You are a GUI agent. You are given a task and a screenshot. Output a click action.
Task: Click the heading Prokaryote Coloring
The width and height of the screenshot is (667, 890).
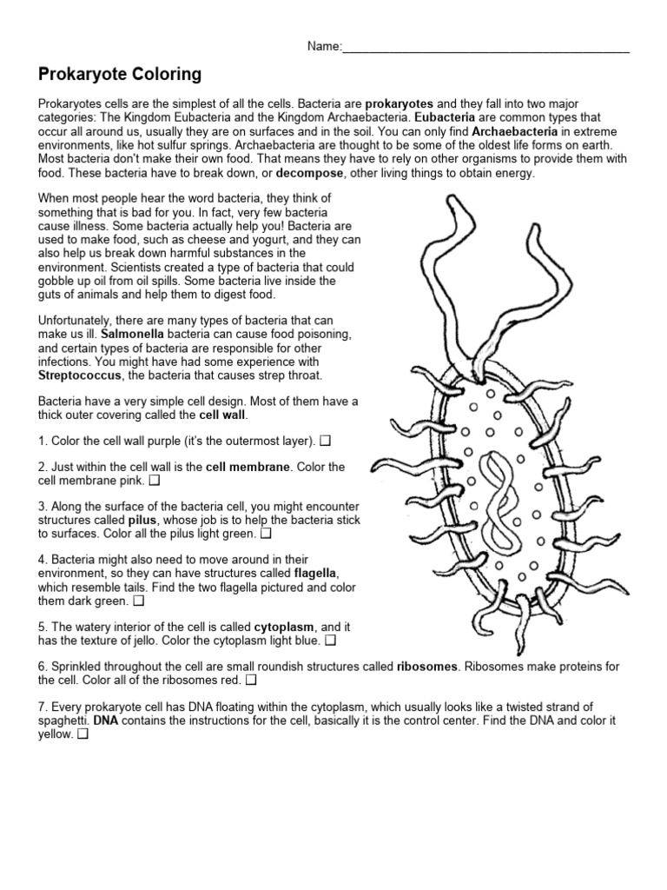click(120, 75)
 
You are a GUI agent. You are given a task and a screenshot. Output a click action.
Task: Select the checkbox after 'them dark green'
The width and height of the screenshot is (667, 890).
click(139, 600)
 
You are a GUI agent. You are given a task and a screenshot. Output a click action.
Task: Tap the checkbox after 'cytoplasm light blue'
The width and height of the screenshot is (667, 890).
click(329, 641)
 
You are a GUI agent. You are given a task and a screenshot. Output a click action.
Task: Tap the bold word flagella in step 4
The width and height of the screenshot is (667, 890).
click(315, 574)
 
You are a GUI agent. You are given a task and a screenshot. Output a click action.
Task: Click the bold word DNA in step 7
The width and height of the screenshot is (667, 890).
click(105, 721)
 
